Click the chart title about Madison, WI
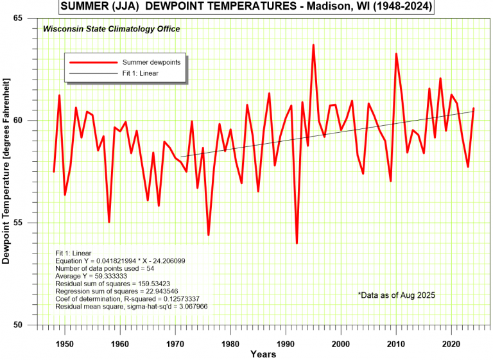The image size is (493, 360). click(x=246, y=7)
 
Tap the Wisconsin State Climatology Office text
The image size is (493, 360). click(x=111, y=29)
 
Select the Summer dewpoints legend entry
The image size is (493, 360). click(x=151, y=62)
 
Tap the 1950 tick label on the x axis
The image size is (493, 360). click(x=64, y=343)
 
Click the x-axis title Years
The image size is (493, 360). click(x=263, y=354)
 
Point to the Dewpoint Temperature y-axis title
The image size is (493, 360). click(x=7, y=171)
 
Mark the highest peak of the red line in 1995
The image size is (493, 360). click(x=313, y=45)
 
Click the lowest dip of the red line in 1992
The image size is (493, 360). click(x=297, y=243)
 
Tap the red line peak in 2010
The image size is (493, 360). click(x=396, y=54)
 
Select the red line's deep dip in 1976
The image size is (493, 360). click(x=208, y=235)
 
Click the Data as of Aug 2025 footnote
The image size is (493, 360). click(x=397, y=295)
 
